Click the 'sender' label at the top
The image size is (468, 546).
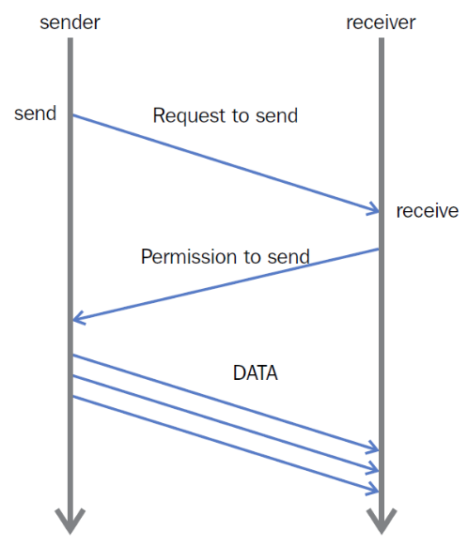click(x=70, y=23)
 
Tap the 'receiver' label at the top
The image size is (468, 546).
click(x=381, y=23)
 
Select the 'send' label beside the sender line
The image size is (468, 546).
click(x=35, y=114)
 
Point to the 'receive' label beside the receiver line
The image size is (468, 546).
click(x=428, y=211)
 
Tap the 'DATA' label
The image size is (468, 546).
click(x=256, y=373)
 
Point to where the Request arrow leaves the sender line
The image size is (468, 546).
click(x=73, y=114)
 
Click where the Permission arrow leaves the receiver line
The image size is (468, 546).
click(x=379, y=249)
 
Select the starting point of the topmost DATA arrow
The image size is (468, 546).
click(x=73, y=356)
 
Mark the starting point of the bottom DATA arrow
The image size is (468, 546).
click(x=73, y=397)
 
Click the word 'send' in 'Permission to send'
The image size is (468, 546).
click(x=289, y=257)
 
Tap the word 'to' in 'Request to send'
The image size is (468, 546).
click(x=240, y=115)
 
